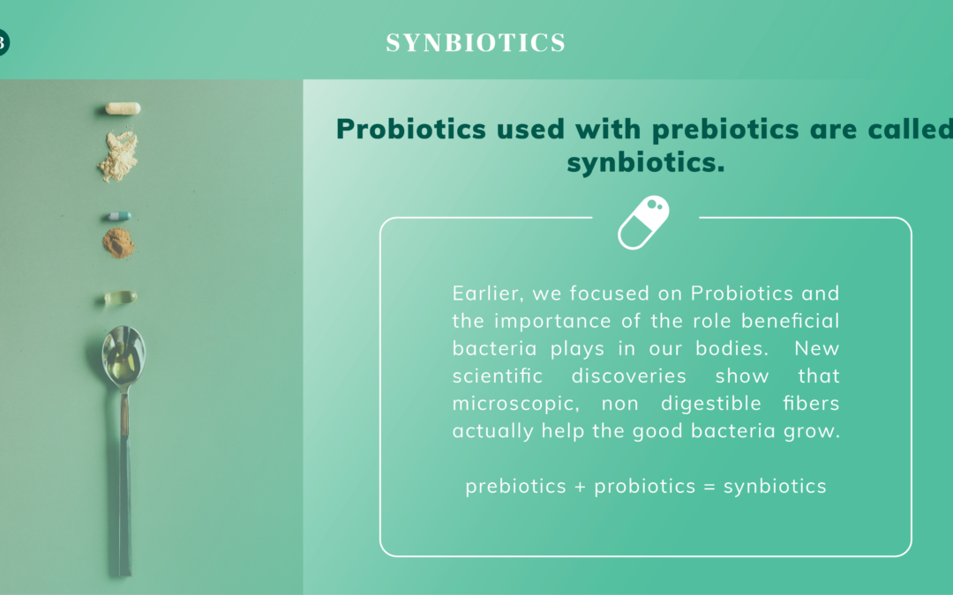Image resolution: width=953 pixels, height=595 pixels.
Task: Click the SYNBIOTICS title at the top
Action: pyautogui.click(x=476, y=42)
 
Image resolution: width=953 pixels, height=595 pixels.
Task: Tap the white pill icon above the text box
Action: pyautogui.click(x=643, y=222)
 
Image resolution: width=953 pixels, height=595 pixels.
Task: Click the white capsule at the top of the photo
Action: pyautogui.click(x=123, y=108)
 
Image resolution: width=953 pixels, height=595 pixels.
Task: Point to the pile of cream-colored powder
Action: pyautogui.click(x=118, y=156)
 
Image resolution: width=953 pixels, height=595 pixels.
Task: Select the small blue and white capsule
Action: pyautogui.click(x=118, y=216)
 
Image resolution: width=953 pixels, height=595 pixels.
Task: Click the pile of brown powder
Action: pyautogui.click(x=118, y=243)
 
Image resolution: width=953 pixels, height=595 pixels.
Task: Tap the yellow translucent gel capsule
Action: pyautogui.click(x=120, y=298)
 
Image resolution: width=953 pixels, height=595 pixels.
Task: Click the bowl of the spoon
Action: pyautogui.click(x=124, y=357)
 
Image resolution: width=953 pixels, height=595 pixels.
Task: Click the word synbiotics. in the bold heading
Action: pyautogui.click(x=645, y=163)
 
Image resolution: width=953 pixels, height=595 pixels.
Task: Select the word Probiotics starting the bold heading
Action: pyautogui.click(x=411, y=129)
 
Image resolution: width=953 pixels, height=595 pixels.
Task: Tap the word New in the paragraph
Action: pyautogui.click(x=816, y=348)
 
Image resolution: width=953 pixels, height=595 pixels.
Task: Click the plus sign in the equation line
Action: pyautogui.click(x=580, y=487)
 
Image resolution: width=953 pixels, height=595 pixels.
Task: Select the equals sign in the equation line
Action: pyautogui.click(x=709, y=487)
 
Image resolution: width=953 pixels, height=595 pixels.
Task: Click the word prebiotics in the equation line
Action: pyautogui.click(x=515, y=487)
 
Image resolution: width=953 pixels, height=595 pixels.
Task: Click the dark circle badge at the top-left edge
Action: pyautogui.click(x=3, y=42)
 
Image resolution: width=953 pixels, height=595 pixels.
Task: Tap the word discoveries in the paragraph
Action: pyautogui.click(x=628, y=376)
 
